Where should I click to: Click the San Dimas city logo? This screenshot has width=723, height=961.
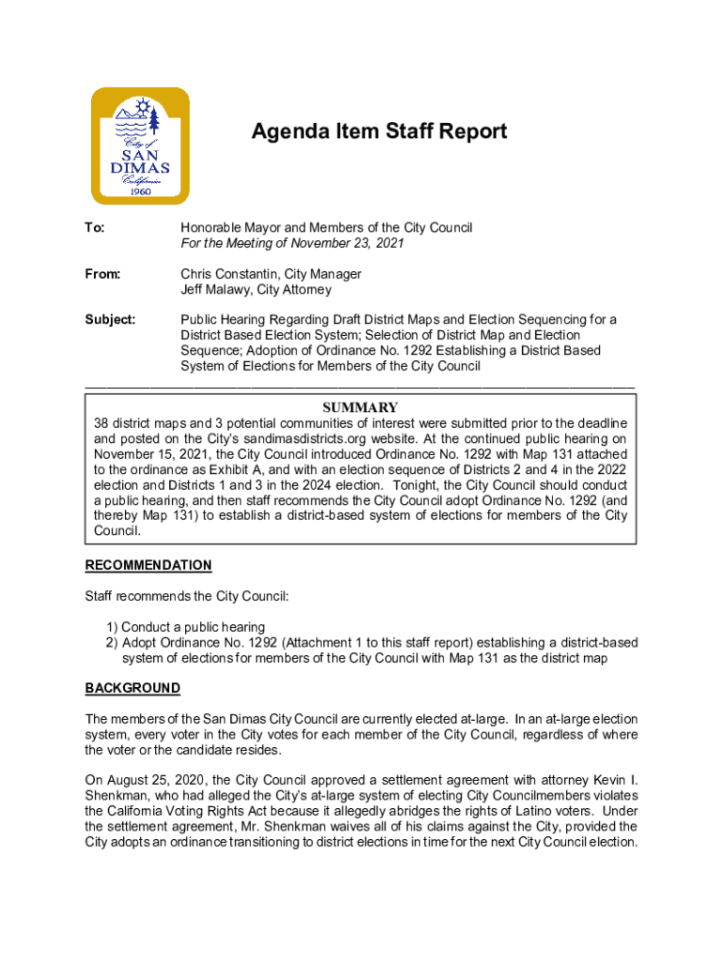coord(140,146)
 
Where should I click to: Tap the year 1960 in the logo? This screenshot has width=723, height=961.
coord(139,192)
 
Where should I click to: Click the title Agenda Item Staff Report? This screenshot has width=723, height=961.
coord(378,131)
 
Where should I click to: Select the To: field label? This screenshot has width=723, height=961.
coord(95,228)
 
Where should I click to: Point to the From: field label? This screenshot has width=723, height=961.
coord(103,274)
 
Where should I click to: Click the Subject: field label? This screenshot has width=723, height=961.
coord(111,320)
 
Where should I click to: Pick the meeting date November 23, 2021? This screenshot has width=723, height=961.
coord(344,243)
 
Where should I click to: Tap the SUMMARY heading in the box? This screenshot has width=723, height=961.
coord(361,407)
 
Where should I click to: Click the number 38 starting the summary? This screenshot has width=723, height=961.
coord(101,423)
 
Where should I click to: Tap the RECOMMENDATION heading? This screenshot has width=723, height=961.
coord(148,566)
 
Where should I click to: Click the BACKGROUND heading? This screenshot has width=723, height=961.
coord(132,689)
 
